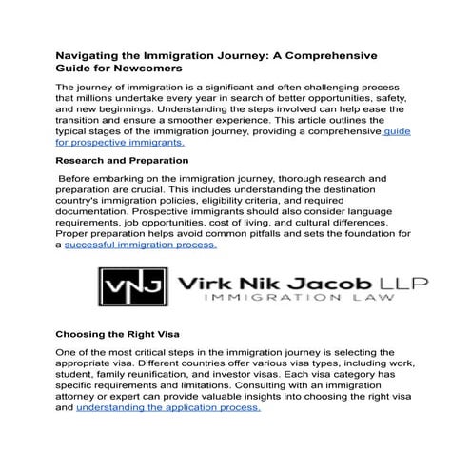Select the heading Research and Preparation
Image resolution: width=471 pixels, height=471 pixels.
tap(122, 161)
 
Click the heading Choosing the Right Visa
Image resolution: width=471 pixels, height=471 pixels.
tap(117, 334)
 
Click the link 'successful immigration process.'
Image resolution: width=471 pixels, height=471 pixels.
tap(141, 245)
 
